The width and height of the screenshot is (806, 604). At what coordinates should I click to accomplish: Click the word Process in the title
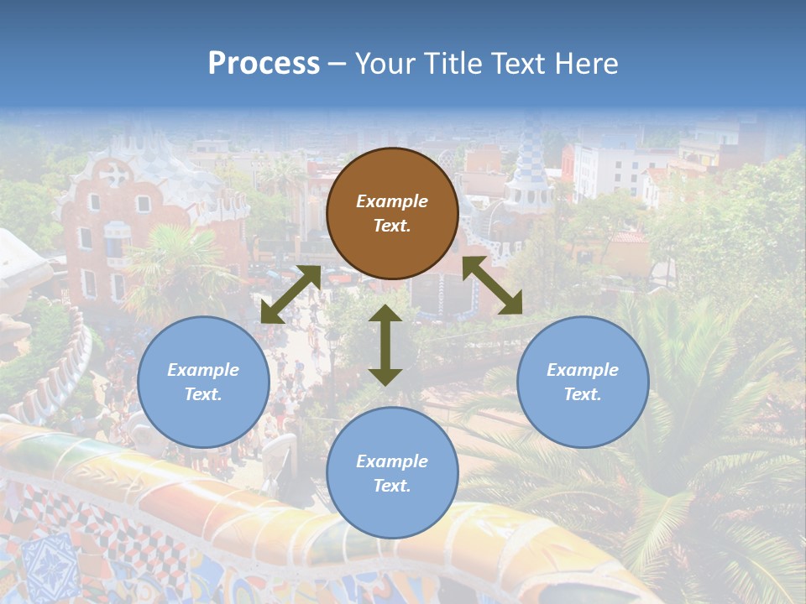264,64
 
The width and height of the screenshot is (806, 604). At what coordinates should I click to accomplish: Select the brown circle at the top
392,213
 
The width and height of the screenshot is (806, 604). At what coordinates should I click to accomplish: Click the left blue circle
203,382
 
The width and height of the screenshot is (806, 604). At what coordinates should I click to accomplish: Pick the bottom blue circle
392,473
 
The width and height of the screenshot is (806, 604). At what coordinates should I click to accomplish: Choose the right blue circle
583,382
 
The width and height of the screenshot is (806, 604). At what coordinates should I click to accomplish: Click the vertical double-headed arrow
385,345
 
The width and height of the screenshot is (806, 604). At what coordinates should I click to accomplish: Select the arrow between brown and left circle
290,294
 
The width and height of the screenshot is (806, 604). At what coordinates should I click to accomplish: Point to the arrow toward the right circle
493,285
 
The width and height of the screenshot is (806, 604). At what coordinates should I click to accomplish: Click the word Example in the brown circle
392,201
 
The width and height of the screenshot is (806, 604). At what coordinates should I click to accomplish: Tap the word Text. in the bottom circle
392,486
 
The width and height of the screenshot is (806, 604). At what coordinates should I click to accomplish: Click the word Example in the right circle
583,370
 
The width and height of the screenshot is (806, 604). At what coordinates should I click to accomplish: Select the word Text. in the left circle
203,394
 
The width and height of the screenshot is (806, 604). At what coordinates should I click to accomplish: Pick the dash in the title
337,64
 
